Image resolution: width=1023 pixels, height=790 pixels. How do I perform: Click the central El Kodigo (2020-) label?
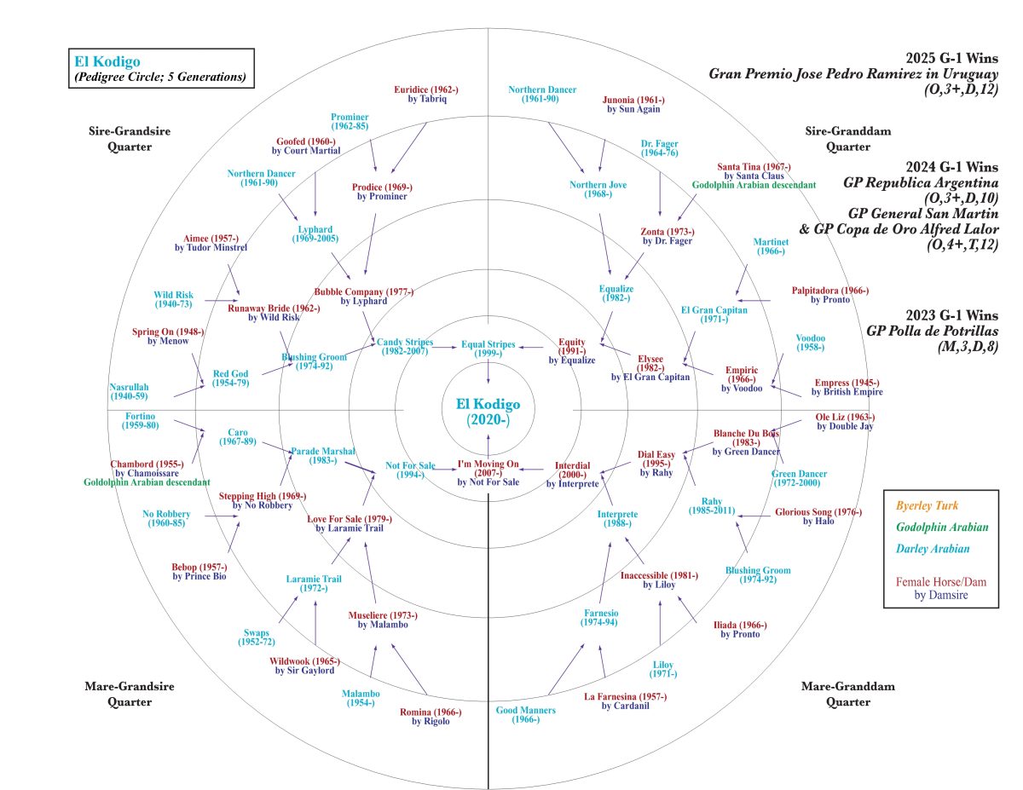point(487,410)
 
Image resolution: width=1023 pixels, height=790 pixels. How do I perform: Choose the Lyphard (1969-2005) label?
point(315,234)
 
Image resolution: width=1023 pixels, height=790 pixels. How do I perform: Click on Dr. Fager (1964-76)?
point(659,148)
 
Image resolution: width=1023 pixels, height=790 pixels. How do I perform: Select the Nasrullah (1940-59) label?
point(129,391)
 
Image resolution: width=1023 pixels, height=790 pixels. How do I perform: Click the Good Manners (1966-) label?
point(525,715)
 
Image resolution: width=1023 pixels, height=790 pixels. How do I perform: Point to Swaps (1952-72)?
point(257,637)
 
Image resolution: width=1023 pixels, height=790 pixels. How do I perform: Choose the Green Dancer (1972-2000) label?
point(799,478)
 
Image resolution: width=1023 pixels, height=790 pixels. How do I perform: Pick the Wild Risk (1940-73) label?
point(173,299)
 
